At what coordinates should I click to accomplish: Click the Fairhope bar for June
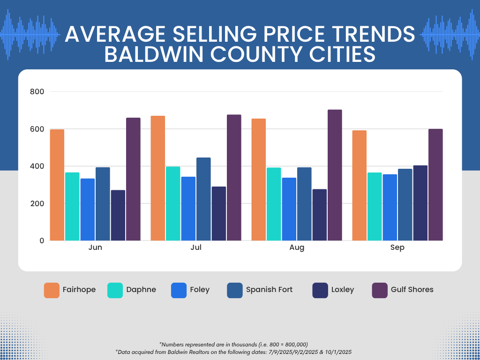57,185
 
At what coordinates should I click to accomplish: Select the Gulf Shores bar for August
335,175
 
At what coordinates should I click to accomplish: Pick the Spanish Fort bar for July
203,199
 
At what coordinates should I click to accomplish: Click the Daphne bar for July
173,204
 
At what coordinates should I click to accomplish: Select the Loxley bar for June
118,215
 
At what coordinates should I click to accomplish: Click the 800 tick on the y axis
37,92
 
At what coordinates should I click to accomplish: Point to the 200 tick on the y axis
37,203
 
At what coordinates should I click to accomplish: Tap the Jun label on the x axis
95,247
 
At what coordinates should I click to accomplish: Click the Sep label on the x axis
397,247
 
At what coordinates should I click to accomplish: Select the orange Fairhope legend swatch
52,290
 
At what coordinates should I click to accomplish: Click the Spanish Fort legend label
269,290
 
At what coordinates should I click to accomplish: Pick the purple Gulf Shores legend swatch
379,290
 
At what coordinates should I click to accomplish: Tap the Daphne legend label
141,290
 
